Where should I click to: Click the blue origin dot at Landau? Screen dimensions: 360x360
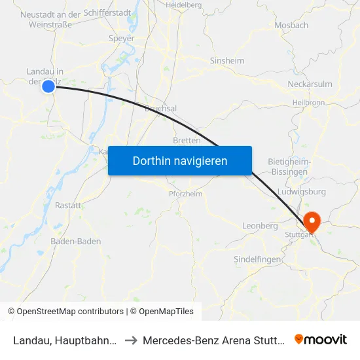pos(48,86)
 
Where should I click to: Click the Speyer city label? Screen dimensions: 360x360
pos(122,39)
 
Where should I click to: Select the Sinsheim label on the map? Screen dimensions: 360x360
pos(226,61)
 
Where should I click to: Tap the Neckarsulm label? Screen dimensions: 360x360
pos(310,84)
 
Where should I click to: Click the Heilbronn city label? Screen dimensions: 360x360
pos(310,103)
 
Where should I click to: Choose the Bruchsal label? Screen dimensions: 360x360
pos(160,109)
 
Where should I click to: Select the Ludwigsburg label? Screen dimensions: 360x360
pos(302,192)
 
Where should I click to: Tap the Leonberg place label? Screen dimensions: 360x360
pos(260,225)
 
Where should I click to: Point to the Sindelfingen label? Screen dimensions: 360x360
pos(257,259)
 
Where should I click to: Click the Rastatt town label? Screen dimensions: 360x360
pos(68,205)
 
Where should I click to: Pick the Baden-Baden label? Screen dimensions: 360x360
pos(76,242)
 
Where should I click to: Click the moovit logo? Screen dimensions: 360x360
pos(321,339)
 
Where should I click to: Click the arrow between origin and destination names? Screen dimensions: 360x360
pos(131,340)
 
